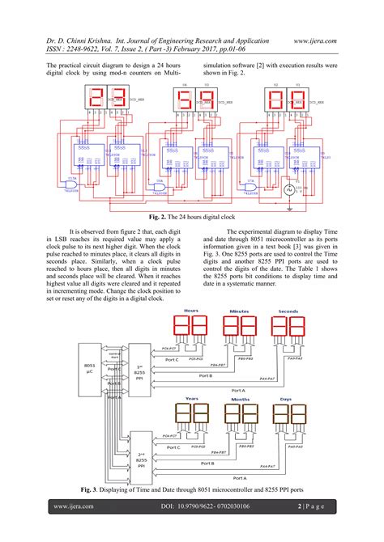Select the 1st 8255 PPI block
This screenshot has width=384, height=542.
(139, 369)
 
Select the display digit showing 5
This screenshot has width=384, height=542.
(181, 102)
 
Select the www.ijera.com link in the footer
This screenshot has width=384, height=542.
(73, 506)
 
